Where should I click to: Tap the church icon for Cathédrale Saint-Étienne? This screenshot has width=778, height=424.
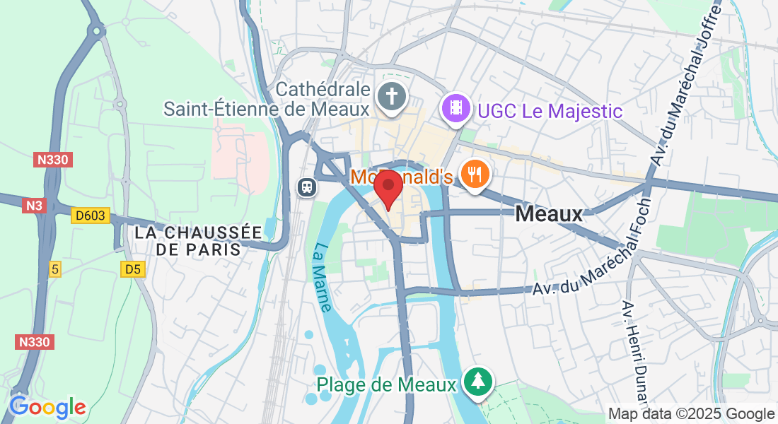click(x=390, y=97)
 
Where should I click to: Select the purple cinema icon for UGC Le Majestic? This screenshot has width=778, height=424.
click(x=457, y=108)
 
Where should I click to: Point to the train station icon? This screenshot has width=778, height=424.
click(x=307, y=187)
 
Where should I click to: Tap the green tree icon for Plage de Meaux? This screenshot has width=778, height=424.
click(x=479, y=382)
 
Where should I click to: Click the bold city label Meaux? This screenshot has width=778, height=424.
click(x=549, y=213)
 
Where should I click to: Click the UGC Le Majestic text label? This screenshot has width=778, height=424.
click(x=550, y=111)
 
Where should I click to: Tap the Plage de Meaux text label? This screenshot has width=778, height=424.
click(x=386, y=384)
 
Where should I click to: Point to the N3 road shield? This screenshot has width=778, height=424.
click(x=34, y=206)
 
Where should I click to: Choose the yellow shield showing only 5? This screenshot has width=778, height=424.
click(x=56, y=269)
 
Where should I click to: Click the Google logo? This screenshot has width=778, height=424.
click(x=47, y=408)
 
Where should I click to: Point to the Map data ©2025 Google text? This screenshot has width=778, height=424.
click(x=692, y=414)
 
